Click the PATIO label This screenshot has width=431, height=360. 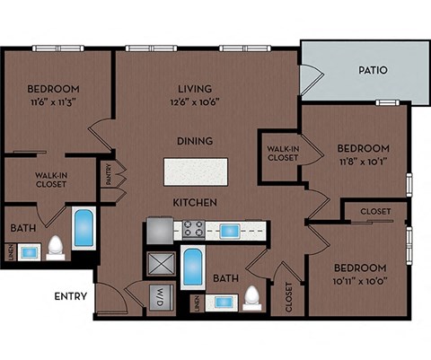(372, 69)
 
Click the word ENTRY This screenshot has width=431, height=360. (71, 296)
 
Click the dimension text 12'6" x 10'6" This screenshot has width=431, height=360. (196, 101)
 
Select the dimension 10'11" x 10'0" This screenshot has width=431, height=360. (360, 281)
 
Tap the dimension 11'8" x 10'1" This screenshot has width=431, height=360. (364, 162)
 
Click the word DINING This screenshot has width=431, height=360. (195, 141)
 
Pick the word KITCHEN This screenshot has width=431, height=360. (195, 203)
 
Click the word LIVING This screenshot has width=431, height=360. (195, 89)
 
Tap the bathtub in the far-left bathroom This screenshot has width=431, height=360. (84, 229)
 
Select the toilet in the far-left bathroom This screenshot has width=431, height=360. (55, 246)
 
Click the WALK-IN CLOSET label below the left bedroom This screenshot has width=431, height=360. (52, 180)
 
